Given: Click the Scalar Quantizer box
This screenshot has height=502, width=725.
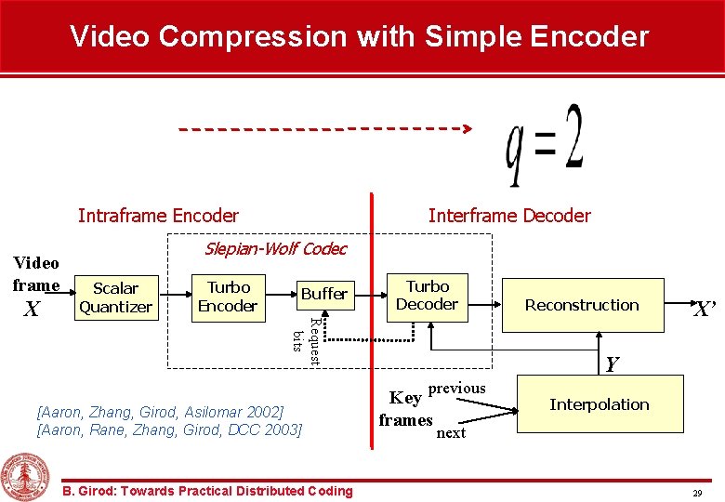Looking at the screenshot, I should [115, 297].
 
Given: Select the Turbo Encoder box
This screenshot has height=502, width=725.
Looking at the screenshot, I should [228, 297].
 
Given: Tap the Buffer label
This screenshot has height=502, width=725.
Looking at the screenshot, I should [324, 294].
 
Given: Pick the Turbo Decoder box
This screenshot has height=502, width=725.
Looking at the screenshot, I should [427, 296].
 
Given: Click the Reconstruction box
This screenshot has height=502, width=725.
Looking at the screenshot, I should [582, 305].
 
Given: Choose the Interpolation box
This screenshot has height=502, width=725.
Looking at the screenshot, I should [600, 404].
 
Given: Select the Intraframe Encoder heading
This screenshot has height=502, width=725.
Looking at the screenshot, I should [158, 216].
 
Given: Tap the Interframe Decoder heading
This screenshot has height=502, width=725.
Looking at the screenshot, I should [509, 216].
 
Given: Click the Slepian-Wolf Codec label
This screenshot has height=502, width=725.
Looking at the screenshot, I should [275, 248].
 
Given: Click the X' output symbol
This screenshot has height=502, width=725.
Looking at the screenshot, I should [704, 309].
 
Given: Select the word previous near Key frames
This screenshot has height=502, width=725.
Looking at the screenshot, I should [456, 388].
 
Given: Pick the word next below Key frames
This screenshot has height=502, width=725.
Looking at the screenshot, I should [451, 433].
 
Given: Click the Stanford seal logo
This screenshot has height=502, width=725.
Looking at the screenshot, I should [26, 476].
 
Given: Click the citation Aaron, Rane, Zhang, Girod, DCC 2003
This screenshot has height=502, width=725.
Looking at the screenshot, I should [168, 429].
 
